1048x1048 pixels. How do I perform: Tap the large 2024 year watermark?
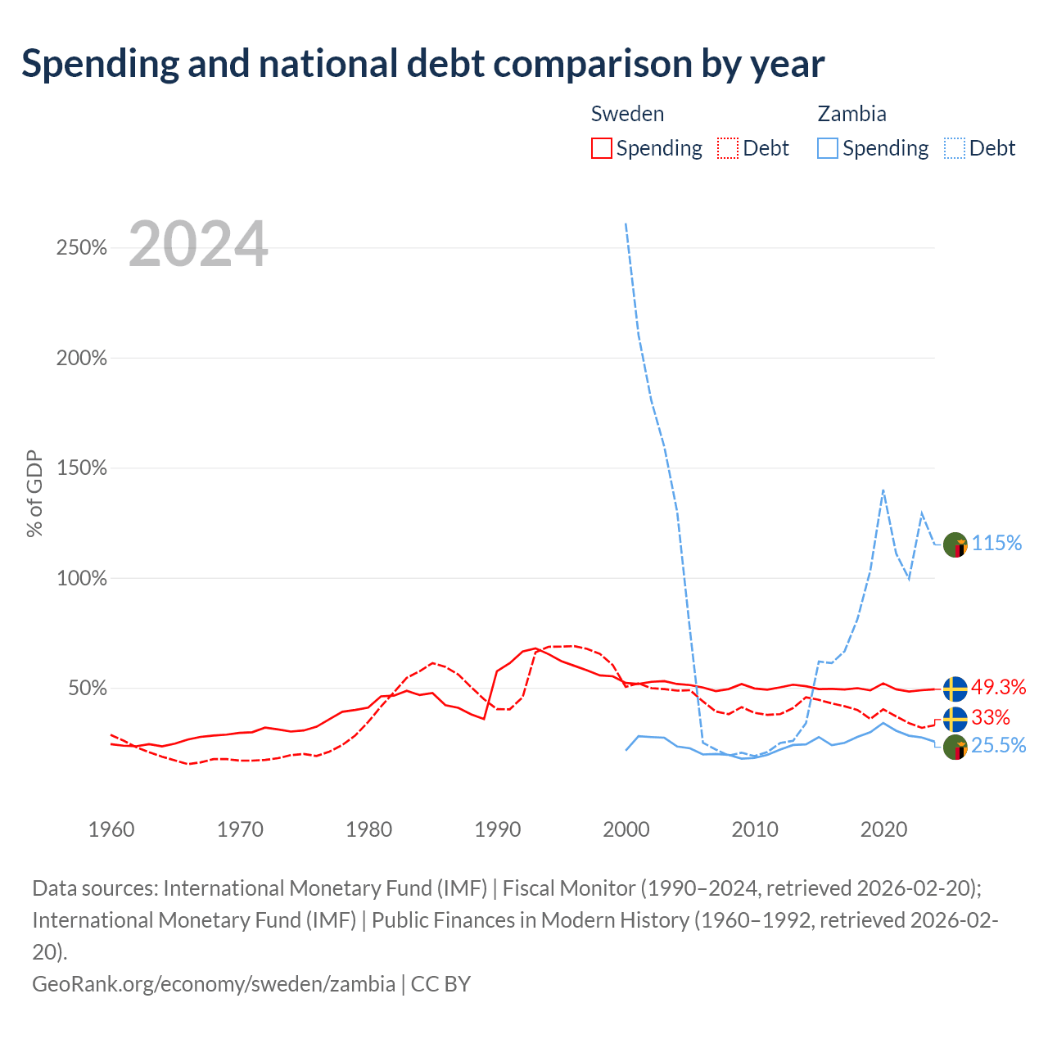(x=198, y=243)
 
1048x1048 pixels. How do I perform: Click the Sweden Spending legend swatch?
(x=601, y=148)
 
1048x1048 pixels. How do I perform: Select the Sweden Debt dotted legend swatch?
(x=727, y=148)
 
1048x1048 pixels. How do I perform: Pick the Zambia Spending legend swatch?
(x=827, y=148)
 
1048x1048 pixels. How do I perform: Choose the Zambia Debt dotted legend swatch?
(x=954, y=148)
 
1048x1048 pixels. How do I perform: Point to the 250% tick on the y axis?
(x=82, y=247)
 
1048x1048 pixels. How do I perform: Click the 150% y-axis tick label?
(x=82, y=468)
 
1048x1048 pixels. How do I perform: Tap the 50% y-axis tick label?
(x=88, y=688)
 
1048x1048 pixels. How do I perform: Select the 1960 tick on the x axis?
(x=111, y=829)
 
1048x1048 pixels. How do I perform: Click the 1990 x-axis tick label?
(x=497, y=829)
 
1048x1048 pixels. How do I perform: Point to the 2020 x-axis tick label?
(x=883, y=829)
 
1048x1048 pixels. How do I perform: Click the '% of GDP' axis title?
(x=34, y=493)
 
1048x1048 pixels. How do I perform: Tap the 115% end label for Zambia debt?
(x=996, y=543)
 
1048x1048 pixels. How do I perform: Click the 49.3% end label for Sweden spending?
(x=998, y=687)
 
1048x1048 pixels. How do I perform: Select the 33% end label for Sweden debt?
(x=991, y=717)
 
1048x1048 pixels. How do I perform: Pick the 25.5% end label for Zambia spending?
(x=998, y=745)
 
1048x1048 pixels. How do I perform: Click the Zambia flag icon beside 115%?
(x=955, y=545)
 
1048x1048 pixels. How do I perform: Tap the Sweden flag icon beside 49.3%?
(x=955, y=689)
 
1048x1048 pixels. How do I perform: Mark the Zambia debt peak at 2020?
(x=883, y=490)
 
